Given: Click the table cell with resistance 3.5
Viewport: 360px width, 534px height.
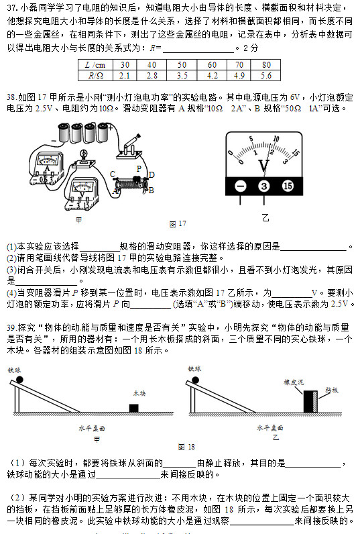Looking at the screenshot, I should pyautogui.click(x=182, y=76).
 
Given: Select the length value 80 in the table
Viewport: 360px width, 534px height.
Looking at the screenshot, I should pyautogui.click(x=266, y=64).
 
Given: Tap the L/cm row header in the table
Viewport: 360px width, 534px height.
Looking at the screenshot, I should pyautogui.click(x=96, y=64).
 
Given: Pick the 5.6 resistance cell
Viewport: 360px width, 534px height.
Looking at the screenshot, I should pyautogui.click(x=266, y=76).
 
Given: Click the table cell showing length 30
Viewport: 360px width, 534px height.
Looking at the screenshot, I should pyautogui.click(x=125, y=64).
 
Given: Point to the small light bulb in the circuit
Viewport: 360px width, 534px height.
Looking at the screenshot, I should pyautogui.click(x=84, y=156).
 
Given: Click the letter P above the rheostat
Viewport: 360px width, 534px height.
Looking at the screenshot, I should pyautogui.click(x=138, y=168).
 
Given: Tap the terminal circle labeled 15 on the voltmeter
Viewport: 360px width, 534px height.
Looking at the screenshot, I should pyautogui.click(x=288, y=186).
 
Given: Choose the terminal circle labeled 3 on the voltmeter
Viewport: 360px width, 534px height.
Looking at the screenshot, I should pyautogui.click(x=264, y=186).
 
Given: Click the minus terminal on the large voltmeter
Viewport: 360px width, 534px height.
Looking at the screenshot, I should pyautogui.click(x=241, y=186).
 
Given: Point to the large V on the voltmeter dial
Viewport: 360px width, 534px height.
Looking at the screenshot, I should pyautogui.click(x=263, y=164).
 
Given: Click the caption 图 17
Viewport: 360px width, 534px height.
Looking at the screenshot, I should pyautogui.click(x=178, y=223).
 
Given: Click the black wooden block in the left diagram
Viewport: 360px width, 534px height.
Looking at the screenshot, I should pyautogui.click(x=133, y=408).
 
